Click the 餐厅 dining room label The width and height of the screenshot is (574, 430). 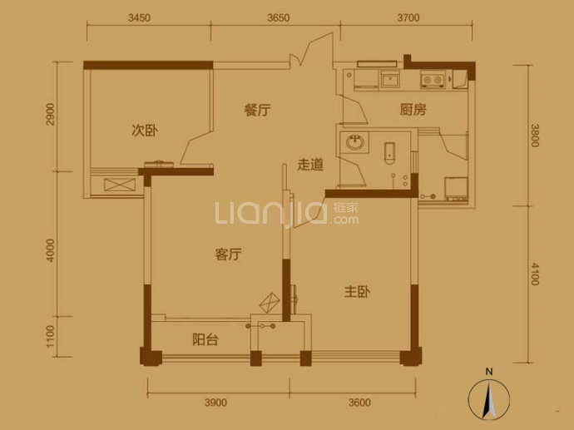coord(257,110)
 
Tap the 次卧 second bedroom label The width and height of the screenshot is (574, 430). coord(145,131)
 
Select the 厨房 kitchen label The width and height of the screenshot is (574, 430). coord(413,110)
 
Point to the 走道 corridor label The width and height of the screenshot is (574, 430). coord(310,165)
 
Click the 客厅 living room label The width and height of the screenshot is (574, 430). coord(229,254)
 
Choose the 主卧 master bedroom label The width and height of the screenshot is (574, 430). coord(357,292)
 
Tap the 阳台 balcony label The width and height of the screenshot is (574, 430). coord(205,340)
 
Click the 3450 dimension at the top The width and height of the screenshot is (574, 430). coord(139,17)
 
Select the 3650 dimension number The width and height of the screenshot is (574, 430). coord(278,17)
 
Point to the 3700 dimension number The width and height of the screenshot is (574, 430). coord(408,17)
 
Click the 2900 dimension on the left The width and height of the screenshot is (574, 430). coord(50,115)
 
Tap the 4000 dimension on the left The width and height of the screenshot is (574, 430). coord(50,250)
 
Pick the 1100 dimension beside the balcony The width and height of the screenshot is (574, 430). coord(50,337)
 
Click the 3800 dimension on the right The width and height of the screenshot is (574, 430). coord(535,136)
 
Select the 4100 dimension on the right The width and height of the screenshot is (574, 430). coord(535,274)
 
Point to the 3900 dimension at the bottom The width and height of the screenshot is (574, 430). coord(215,403)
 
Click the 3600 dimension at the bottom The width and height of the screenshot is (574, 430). coord(359,403)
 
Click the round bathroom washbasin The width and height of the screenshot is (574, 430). coord(354,142)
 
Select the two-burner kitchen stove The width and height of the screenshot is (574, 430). coord(433,80)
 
